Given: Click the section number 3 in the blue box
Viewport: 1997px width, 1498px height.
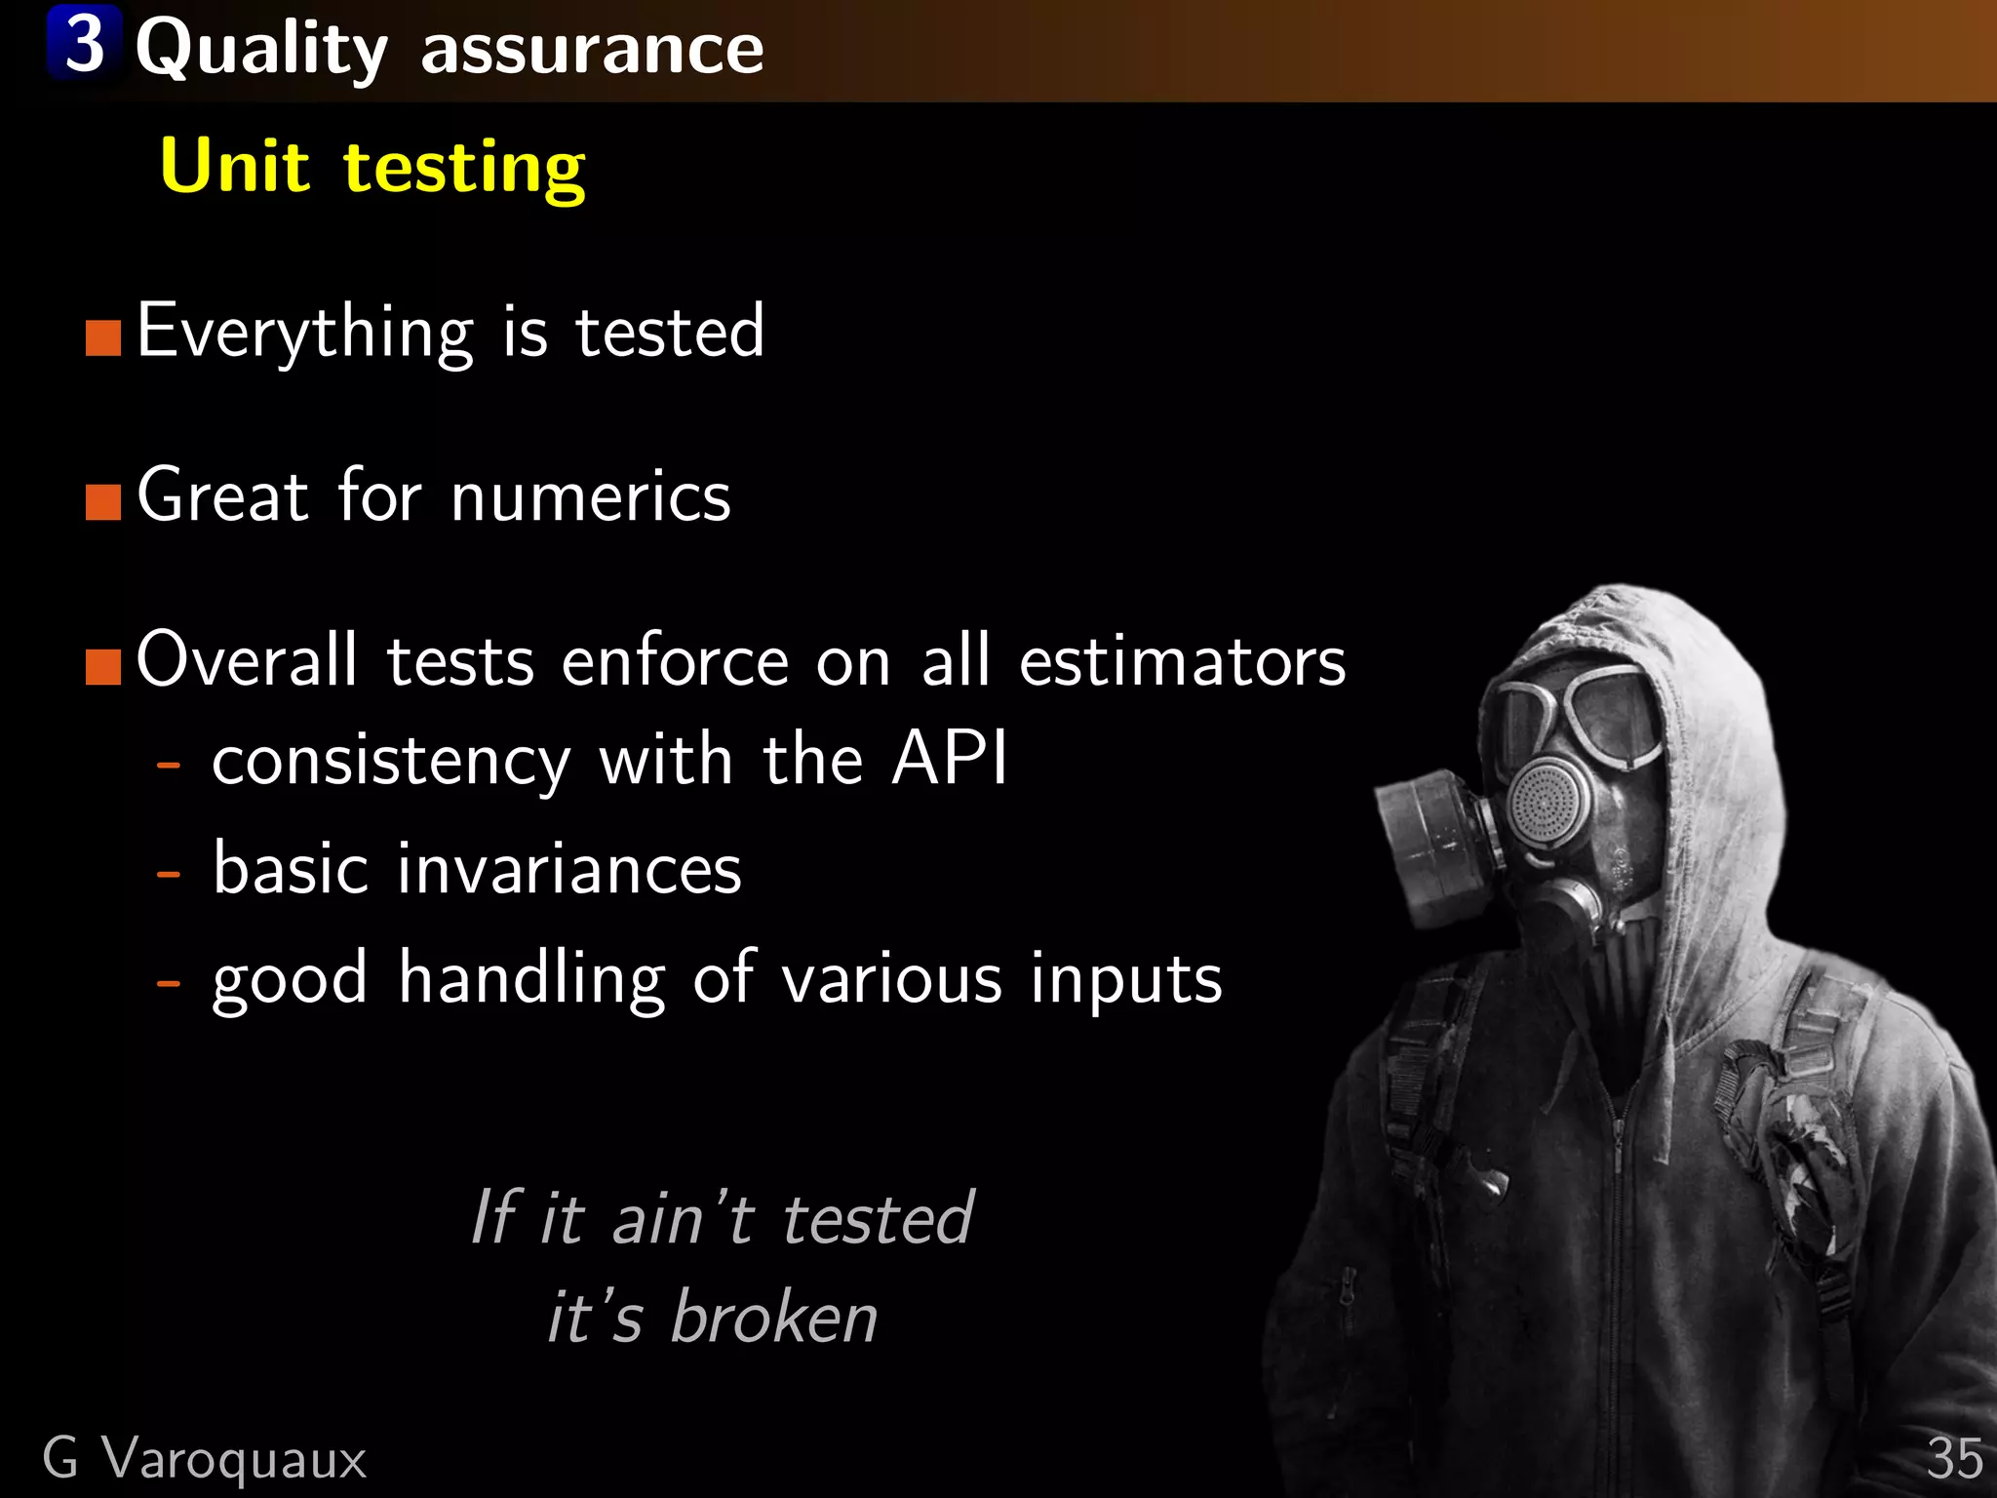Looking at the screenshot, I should click(x=85, y=44).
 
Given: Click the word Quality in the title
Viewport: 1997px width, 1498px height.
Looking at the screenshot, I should click(x=261, y=49).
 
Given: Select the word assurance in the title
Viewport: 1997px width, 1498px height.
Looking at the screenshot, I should click(x=592, y=49).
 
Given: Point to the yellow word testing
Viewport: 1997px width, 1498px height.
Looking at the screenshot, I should click(x=464, y=170).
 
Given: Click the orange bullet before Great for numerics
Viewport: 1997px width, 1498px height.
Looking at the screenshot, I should click(x=103, y=502).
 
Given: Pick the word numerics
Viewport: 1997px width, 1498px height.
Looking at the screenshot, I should click(x=590, y=497).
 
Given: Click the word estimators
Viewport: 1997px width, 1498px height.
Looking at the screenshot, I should click(x=1182, y=662).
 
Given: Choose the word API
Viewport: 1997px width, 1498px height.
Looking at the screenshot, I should click(x=949, y=758).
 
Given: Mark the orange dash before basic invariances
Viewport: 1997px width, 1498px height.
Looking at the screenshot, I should click(x=169, y=873).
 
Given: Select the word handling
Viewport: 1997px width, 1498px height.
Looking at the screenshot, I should click(x=531, y=978).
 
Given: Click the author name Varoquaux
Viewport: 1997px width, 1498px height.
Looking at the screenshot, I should click(x=234, y=1460).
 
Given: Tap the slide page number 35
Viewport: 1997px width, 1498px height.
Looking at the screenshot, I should click(x=1954, y=1460).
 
